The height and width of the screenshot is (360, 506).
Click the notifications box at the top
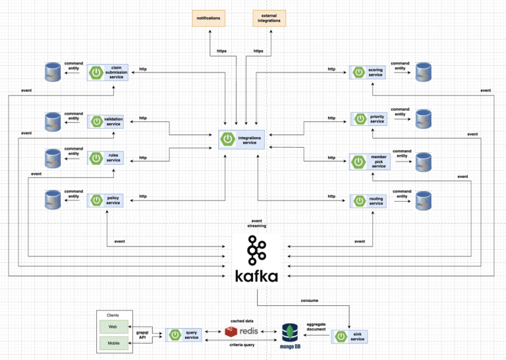click(x=208, y=18)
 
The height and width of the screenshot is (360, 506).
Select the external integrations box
click(x=269, y=18)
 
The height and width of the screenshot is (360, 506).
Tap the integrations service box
click(x=242, y=139)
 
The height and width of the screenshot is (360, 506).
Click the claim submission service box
click(x=107, y=72)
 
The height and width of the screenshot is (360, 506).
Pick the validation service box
click(x=107, y=121)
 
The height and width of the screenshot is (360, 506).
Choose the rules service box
click(x=107, y=158)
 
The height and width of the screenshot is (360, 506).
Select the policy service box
click(x=107, y=200)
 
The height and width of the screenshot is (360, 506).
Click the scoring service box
click(x=368, y=72)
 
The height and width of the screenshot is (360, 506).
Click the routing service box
click(x=368, y=200)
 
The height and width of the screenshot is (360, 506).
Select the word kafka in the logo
click(x=256, y=275)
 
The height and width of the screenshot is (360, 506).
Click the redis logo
click(x=240, y=331)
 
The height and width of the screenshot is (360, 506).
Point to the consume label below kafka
click(x=309, y=300)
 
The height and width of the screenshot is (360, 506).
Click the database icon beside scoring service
click(x=424, y=72)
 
